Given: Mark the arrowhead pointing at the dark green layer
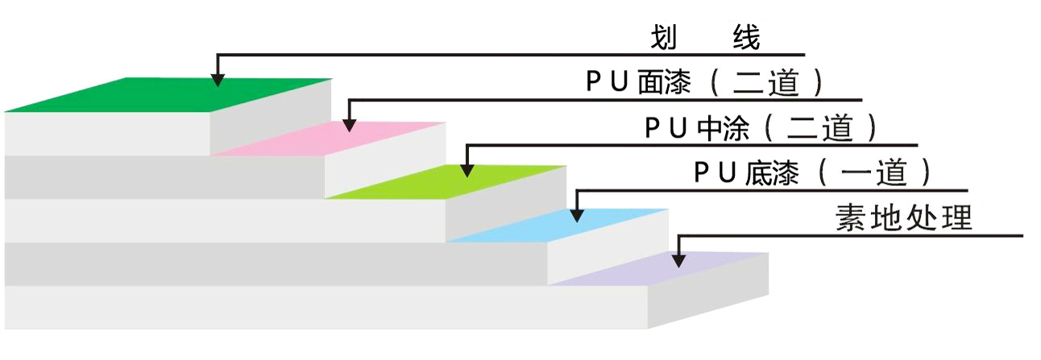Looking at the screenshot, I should pyautogui.click(x=218, y=78).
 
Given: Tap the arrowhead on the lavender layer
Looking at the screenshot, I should pyautogui.click(x=678, y=259).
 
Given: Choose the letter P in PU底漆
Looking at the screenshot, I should pyautogui.click(x=700, y=172).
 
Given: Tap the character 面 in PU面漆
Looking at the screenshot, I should pyautogui.click(x=649, y=82).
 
